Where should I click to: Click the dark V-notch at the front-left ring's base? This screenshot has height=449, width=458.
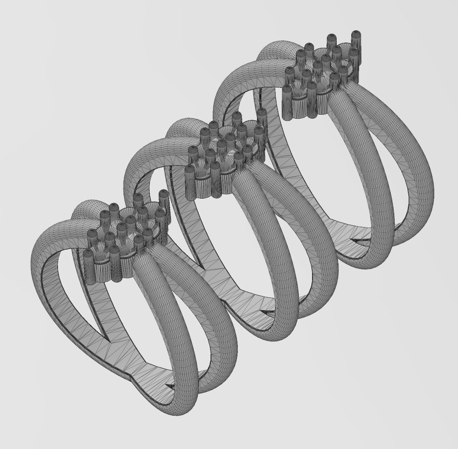pyautogui.click(x=169, y=386)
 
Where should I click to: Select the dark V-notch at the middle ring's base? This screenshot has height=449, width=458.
pyautogui.click(x=266, y=313)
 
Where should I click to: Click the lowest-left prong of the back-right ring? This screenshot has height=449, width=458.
pyautogui.click(x=287, y=103)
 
